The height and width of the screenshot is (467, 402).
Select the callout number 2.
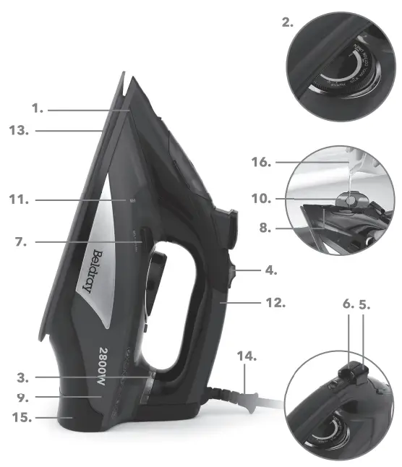(x=288, y=22)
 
